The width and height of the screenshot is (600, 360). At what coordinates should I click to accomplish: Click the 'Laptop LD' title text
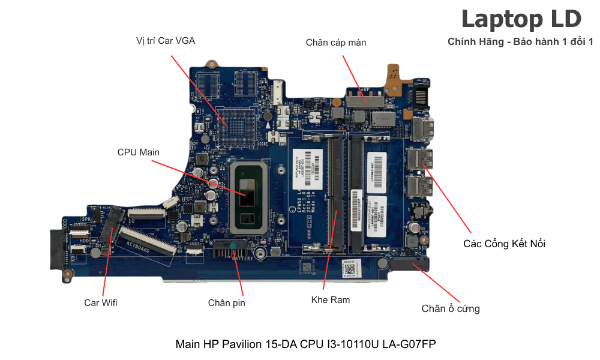[x=521, y=19]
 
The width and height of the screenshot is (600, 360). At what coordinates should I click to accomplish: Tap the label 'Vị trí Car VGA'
[x=166, y=41]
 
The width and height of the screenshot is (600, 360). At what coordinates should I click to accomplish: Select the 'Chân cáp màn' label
[x=335, y=43]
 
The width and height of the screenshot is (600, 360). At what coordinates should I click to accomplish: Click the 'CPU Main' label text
[x=139, y=152]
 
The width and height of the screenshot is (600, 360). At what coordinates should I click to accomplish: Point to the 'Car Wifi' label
[x=101, y=303]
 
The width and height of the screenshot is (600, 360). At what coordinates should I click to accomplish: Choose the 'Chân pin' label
[x=226, y=303]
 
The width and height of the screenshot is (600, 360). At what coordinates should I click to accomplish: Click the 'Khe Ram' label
[x=331, y=299]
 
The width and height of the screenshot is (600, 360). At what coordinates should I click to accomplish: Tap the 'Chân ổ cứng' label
[x=450, y=309]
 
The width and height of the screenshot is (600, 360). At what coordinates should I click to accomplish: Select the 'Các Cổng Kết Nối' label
[x=504, y=244]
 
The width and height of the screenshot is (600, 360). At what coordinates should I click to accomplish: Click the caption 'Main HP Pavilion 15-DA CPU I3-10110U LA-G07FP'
[x=305, y=344]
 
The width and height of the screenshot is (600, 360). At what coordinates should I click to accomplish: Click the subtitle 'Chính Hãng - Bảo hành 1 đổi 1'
[x=520, y=42]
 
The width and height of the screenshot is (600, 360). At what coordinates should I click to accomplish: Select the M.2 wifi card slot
[x=108, y=227]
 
